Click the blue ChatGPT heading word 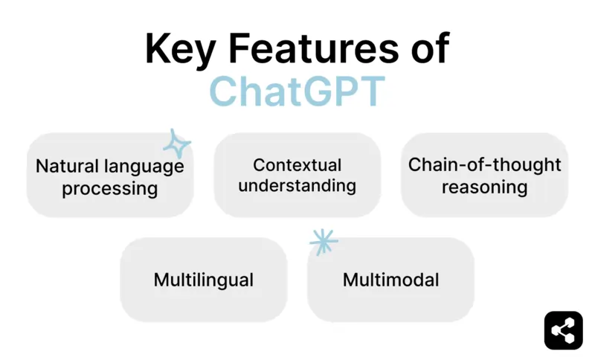click(297, 91)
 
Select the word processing click(110, 189)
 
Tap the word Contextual click(297, 164)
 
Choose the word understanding click(297, 186)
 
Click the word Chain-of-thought click(484, 164)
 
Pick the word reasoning click(484, 187)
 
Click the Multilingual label click(203, 280)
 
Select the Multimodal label click(390, 280)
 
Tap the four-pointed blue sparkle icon click(177, 144)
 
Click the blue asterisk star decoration click(323, 241)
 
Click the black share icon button click(563, 330)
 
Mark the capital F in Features click(237, 49)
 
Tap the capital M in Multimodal click(350, 280)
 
